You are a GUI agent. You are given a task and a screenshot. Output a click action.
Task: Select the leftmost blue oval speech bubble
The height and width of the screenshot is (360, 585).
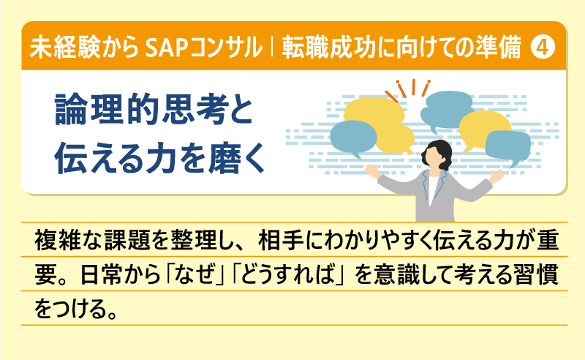[353, 137]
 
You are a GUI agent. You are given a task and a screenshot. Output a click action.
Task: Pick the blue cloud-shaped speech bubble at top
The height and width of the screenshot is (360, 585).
[448, 108]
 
